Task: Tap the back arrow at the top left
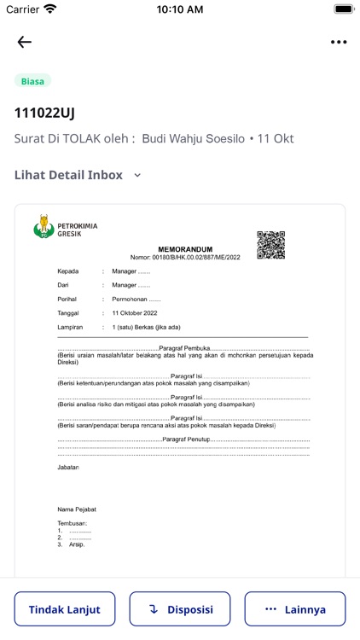click(24, 42)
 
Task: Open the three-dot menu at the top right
click(339, 42)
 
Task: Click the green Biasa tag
click(32, 81)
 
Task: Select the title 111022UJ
click(44, 113)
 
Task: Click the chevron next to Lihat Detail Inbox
click(137, 176)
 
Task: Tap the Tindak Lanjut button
click(65, 609)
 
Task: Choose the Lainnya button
click(295, 609)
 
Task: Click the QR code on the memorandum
click(270, 244)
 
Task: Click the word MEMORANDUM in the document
click(185, 249)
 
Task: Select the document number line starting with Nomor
click(185, 257)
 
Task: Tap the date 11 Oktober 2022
click(135, 313)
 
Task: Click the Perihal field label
click(69, 300)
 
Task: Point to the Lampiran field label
click(72, 327)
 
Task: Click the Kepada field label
click(69, 271)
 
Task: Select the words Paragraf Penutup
click(185, 439)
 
